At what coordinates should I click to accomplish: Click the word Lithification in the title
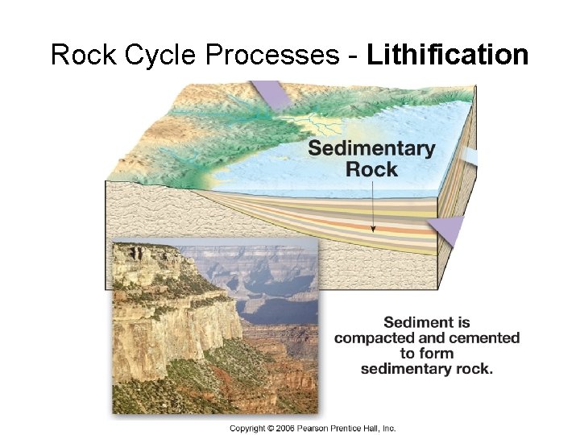tap(447, 55)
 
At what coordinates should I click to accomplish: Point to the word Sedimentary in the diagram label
tap(371, 149)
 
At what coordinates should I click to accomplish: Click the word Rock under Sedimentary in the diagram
tap(371, 169)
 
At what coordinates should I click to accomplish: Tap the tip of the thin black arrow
tap(373, 231)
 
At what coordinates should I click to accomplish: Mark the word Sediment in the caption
tap(427, 322)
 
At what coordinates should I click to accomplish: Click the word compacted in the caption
tap(375, 338)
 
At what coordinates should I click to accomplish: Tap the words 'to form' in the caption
tap(427, 353)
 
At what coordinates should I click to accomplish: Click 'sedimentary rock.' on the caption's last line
tap(427, 368)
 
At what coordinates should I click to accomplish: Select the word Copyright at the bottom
tap(250, 429)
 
